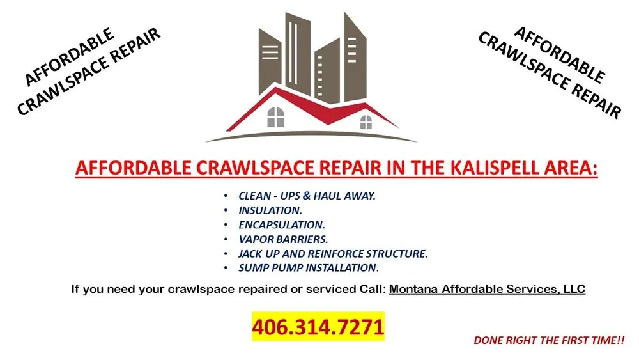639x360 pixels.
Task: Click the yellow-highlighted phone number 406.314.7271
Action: (x=318, y=327)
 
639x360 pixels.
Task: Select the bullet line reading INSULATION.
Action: (x=270, y=210)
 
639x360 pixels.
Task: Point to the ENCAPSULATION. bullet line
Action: (x=282, y=225)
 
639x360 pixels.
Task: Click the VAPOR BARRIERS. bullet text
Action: (x=283, y=239)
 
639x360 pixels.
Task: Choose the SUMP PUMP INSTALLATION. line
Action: (x=309, y=268)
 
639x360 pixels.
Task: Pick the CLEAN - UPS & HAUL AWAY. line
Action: (x=307, y=196)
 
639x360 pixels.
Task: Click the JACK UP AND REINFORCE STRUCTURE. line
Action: (x=333, y=254)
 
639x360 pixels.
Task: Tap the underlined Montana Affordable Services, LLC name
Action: (x=487, y=289)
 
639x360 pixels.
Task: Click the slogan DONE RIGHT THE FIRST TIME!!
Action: (x=549, y=341)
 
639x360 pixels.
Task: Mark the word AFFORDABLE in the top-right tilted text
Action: (x=558, y=55)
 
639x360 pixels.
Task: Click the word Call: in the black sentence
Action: (x=371, y=289)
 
